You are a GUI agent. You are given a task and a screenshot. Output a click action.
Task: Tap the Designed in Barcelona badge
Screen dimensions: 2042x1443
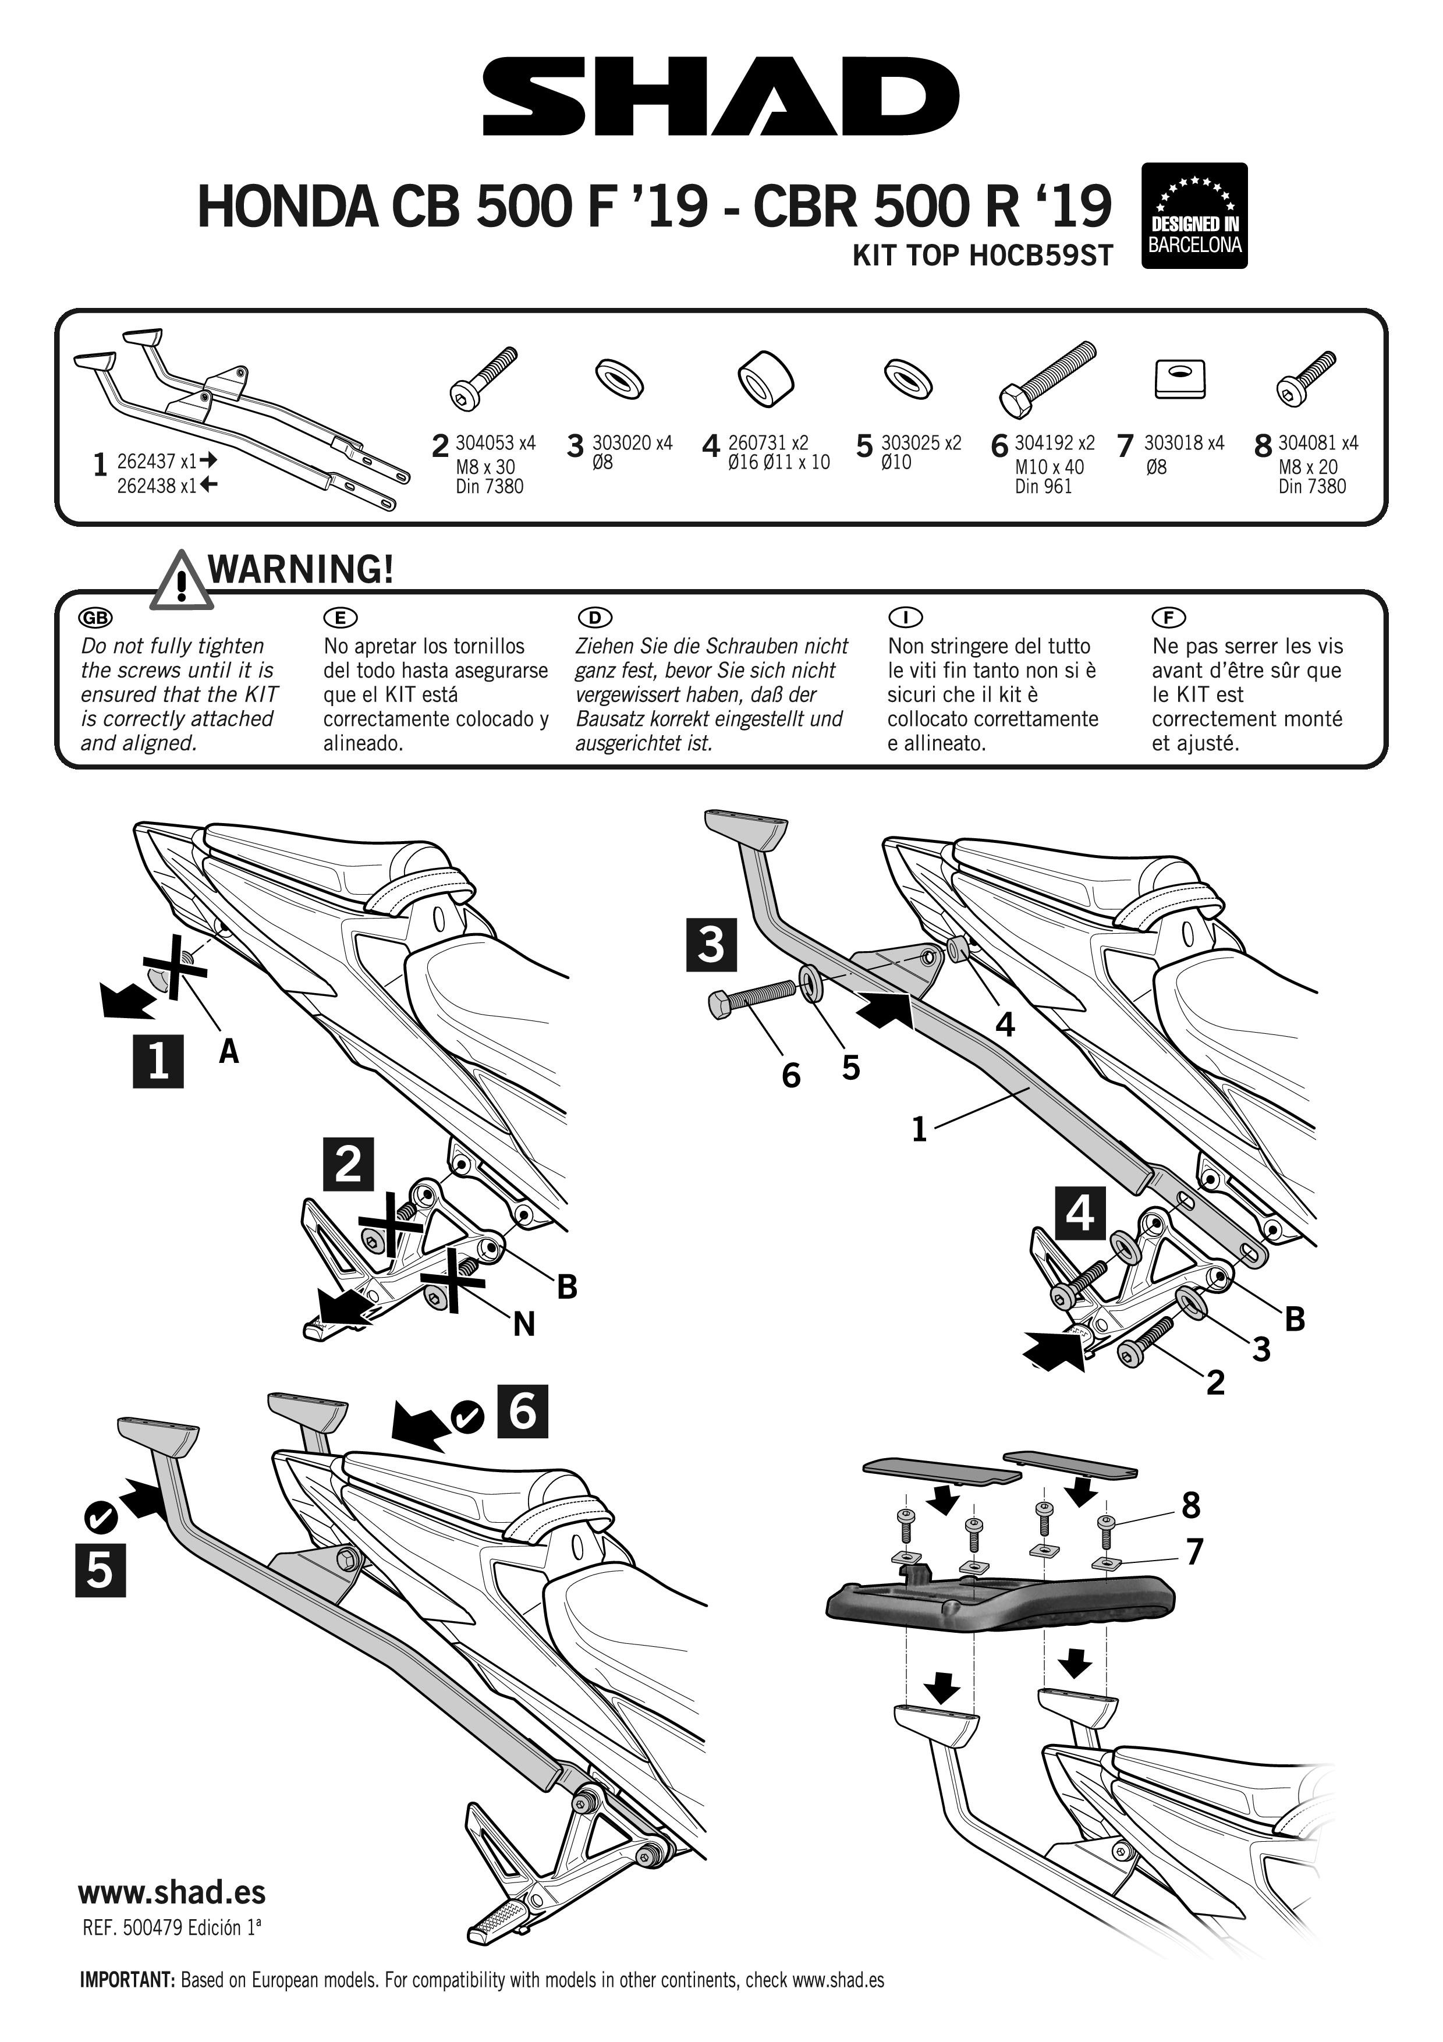point(1194,215)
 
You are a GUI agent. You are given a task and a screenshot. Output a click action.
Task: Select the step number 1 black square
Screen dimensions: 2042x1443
point(158,1061)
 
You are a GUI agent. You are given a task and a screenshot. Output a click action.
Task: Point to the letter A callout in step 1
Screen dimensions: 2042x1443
point(229,1052)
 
